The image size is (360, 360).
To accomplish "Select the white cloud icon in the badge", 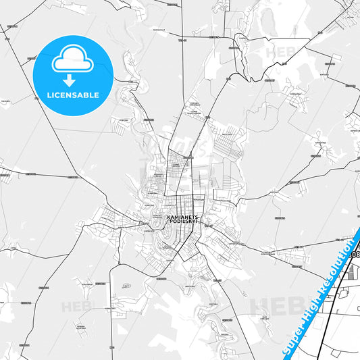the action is tap(73, 61).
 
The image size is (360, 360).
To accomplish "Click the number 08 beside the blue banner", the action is tap(356, 255).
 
